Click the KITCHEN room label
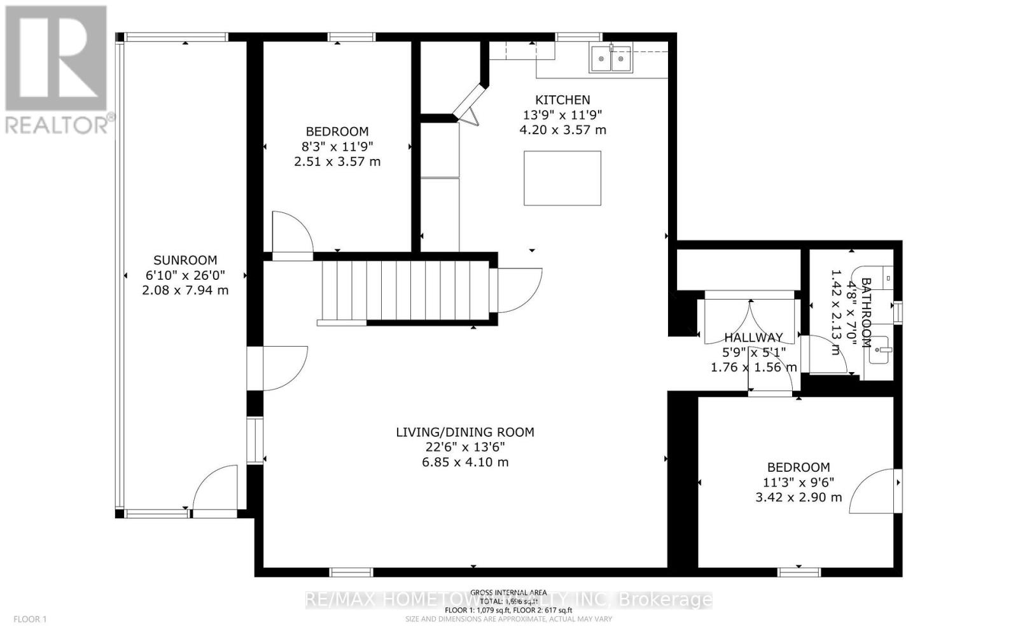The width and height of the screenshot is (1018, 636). click(x=562, y=100)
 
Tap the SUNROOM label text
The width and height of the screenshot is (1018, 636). click(x=185, y=260)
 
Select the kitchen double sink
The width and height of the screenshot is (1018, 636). click(x=611, y=59)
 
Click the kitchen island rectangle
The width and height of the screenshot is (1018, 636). click(x=562, y=178)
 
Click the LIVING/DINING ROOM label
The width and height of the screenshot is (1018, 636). click(x=465, y=432)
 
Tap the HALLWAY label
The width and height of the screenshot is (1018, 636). click(x=753, y=338)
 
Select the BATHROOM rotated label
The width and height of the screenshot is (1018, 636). click(x=866, y=312)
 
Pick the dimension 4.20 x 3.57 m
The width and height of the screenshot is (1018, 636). click(x=562, y=130)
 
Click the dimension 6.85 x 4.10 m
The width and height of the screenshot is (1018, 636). click(x=465, y=462)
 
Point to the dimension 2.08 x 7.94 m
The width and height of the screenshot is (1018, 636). click(x=185, y=291)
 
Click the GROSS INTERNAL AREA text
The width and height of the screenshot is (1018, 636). click(x=508, y=593)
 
